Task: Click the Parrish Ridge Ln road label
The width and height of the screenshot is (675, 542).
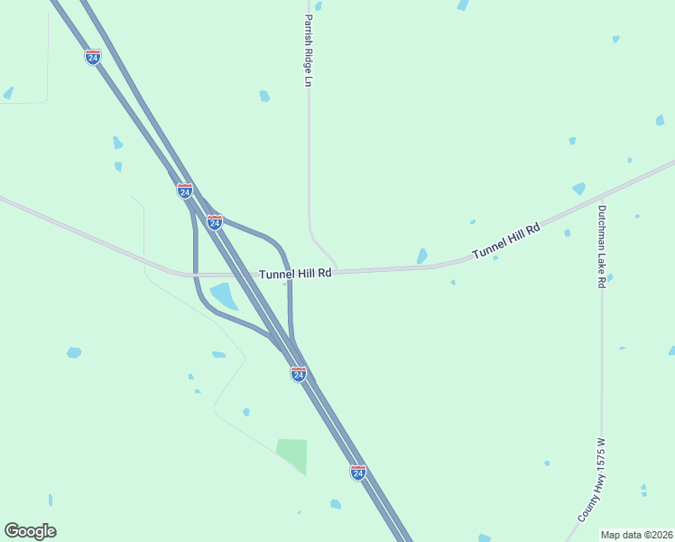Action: point(308,51)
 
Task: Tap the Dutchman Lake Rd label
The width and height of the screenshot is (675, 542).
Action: point(601,246)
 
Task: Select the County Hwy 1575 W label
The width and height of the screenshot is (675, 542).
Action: point(592,481)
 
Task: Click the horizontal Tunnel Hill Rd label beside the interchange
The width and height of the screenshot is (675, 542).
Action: point(295,273)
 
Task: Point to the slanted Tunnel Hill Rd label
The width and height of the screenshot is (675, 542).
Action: point(505,242)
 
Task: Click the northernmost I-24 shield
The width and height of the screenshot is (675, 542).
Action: point(92,57)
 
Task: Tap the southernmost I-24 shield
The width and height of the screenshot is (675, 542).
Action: point(358,472)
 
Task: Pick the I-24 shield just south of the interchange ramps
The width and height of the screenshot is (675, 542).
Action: point(299,373)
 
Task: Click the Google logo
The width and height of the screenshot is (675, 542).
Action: point(30,530)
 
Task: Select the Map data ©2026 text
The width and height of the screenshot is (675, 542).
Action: point(635,535)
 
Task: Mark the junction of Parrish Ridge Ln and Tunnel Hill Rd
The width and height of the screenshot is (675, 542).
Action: point(336,270)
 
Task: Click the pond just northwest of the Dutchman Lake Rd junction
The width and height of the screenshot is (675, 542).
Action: point(578,189)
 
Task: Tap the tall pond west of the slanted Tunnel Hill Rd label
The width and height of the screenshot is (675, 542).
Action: point(421,257)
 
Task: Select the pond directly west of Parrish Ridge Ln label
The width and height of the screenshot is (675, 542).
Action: point(264,96)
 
